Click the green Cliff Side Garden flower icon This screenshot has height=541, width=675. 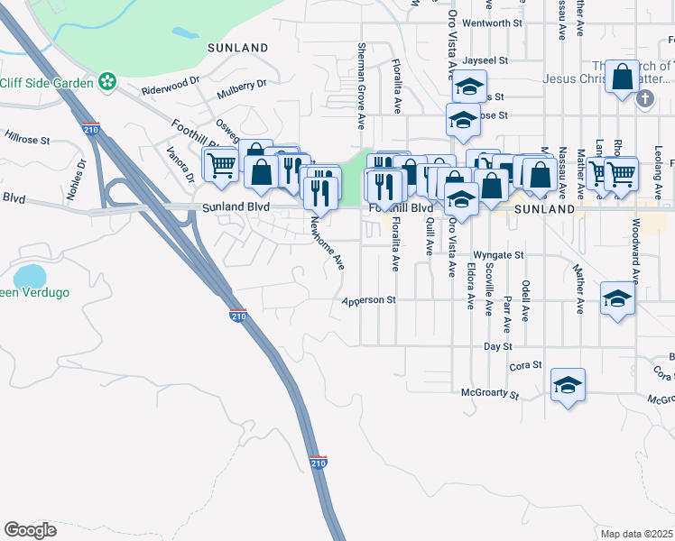pyautogui.click(x=107, y=82)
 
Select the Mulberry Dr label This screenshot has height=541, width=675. pyautogui.click(x=242, y=89)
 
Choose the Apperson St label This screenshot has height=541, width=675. pyautogui.click(x=368, y=299)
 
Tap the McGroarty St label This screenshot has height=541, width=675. pyautogui.click(x=490, y=394)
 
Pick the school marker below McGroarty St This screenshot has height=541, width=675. pyautogui.click(x=568, y=385)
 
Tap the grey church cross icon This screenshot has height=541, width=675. pyautogui.click(x=644, y=98)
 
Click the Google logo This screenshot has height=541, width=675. pyautogui.click(x=30, y=530)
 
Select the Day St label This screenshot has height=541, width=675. pyautogui.click(x=497, y=346)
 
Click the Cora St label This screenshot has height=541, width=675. pyautogui.click(x=524, y=365)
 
